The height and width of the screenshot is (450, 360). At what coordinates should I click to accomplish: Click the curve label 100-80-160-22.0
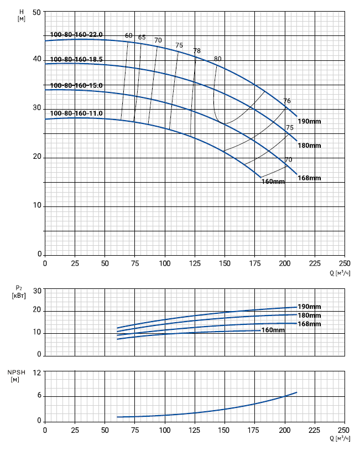[x=76, y=35]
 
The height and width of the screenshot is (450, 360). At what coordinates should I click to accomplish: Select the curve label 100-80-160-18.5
[x=76, y=59]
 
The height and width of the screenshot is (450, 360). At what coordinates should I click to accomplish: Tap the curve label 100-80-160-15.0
[x=76, y=86]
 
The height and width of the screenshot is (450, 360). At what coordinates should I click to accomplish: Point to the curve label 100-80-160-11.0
[x=76, y=113]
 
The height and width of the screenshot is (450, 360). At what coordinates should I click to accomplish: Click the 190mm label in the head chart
[x=310, y=121]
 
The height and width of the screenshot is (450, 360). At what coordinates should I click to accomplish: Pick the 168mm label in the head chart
[x=310, y=178]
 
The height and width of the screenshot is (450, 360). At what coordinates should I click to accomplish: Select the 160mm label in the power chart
[x=273, y=330]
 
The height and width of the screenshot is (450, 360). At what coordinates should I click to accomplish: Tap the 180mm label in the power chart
[x=310, y=315]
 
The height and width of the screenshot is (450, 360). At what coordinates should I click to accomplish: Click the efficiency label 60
[x=129, y=36]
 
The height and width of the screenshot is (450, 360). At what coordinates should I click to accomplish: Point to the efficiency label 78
[x=197, y=51]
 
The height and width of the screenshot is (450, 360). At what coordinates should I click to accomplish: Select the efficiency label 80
[x=217, y=59]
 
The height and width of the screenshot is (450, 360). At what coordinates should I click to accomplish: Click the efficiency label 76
[x=287, y=101]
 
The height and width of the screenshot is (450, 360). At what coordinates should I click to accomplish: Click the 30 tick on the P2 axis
[x=38, y=291]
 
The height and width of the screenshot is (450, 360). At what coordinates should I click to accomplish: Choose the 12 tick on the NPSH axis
[x=38, y=373]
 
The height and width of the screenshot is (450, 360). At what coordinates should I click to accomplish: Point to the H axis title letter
[x=21, y=11]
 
